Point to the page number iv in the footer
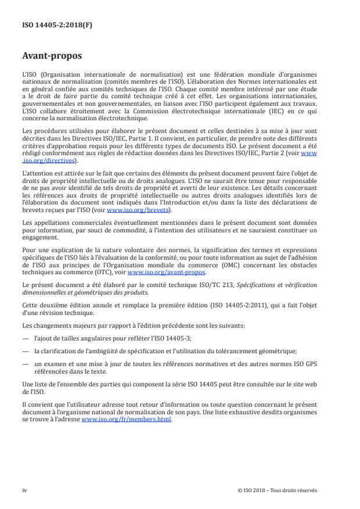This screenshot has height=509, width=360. coord(24,490)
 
